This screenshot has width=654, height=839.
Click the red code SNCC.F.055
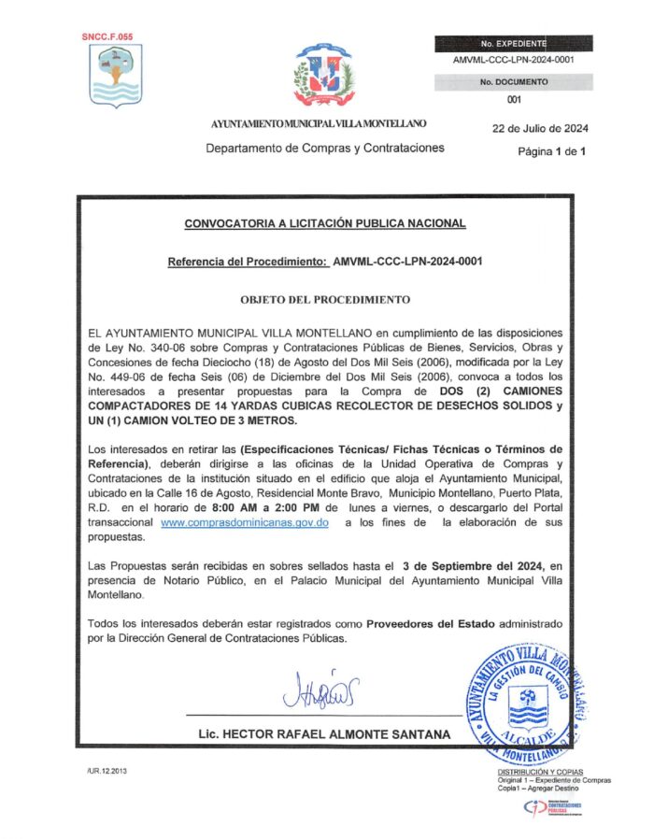tap(107, 36)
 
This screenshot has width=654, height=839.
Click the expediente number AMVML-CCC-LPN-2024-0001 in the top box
tap(513, 59)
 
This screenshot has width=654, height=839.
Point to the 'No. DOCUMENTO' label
tap(514, 82)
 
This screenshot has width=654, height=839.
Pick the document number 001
tap(513, 100)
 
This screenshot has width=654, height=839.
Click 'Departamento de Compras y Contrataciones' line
tap(325, 148)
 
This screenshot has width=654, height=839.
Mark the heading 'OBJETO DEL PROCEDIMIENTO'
tap(325, 300)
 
